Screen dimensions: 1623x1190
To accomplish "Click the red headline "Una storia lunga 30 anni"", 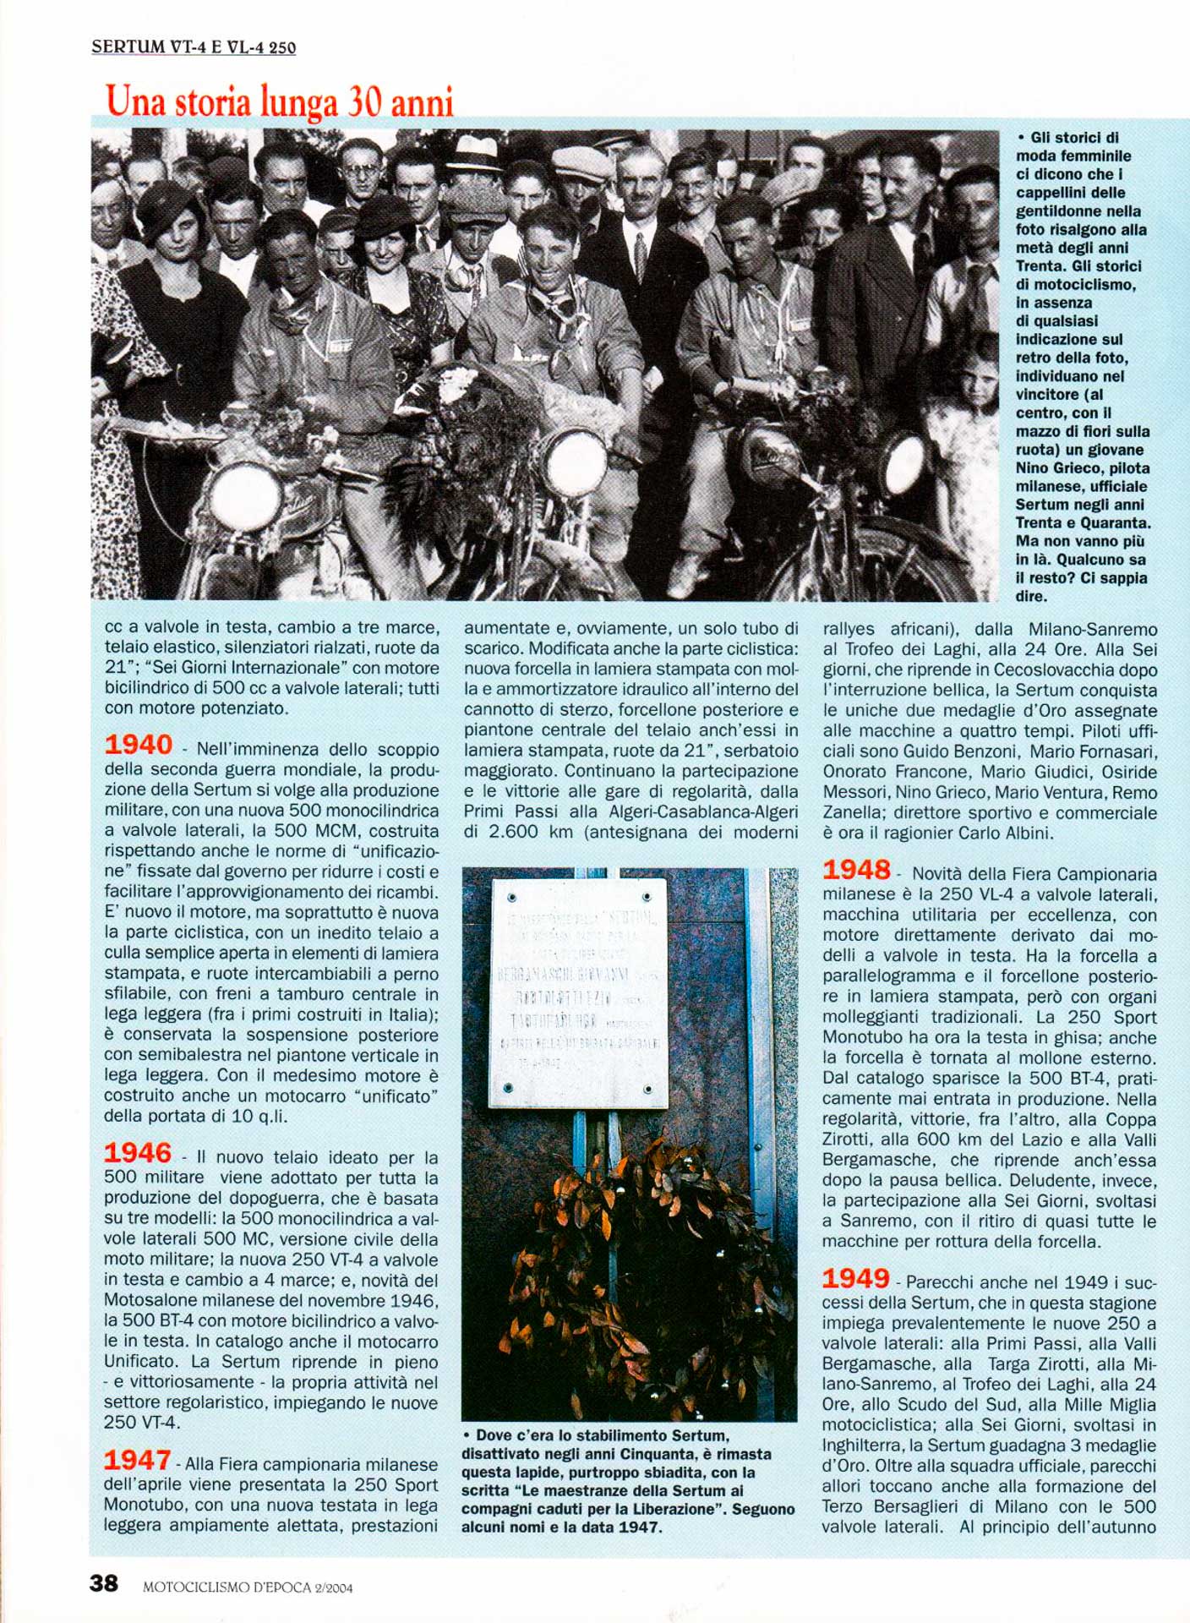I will [x=280, y=101].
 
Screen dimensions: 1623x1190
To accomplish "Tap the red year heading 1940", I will [x=138, y=745].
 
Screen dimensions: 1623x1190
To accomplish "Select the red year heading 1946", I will [x=138, y=1153].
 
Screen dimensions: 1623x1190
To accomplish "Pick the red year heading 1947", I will [x=138, y=1460].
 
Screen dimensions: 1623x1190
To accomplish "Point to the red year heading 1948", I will [x=856, y=870].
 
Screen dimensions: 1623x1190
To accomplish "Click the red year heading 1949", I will [x=856, y=1278].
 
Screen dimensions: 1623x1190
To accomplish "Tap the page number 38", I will [x=104, y=1583].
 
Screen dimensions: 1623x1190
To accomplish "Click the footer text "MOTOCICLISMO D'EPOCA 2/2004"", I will [x=248, y=1587].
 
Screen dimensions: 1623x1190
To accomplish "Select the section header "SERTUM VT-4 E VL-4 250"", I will [x=194, y=47].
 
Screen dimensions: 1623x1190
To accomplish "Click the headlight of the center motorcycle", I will [x=575, y=463].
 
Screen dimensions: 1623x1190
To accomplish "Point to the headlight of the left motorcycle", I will [x=245, y=496].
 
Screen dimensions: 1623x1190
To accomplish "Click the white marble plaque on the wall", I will [x=578, y=992].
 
